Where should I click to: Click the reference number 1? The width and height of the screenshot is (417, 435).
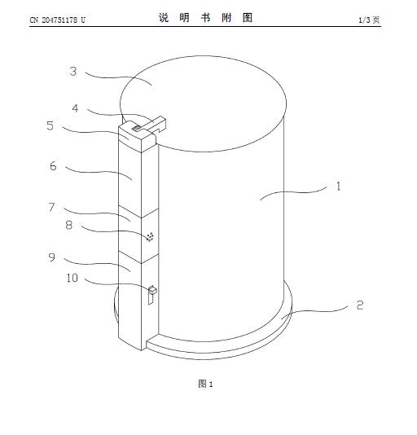(x=338, y=187)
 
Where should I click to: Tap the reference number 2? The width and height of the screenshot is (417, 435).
(x=359, y=305)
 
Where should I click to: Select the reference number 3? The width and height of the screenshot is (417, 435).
(x=73, y=72)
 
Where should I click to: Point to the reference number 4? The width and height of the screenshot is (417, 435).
(x=75, y=108)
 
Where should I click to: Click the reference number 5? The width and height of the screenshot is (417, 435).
(x=50, y=125)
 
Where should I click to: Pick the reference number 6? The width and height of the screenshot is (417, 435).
(x=53, y=166)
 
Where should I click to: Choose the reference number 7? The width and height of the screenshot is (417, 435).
(x=51, y=207)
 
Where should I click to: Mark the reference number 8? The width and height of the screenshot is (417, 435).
(x=68, y=225)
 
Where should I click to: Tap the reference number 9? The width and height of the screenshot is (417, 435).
(x=52, y=257)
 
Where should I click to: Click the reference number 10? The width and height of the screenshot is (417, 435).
(x=72, y=278)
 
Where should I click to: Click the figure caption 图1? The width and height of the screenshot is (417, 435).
(x=205, y=384)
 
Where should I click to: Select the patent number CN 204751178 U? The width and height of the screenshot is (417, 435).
(x=58, y=20)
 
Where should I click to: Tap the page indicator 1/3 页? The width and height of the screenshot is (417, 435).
(x=369, y=20)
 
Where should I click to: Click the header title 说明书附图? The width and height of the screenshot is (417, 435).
(x=205, y=18)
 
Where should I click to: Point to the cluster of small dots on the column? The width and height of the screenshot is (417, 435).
(x=150, y=236)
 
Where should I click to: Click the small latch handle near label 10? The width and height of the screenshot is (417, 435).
(x=152, y=295)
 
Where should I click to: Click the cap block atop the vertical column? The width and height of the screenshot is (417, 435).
(x=137, y=138)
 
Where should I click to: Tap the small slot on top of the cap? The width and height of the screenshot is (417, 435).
(x=137, y=128)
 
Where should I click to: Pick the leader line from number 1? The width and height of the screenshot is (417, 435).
(x=292, y=192)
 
